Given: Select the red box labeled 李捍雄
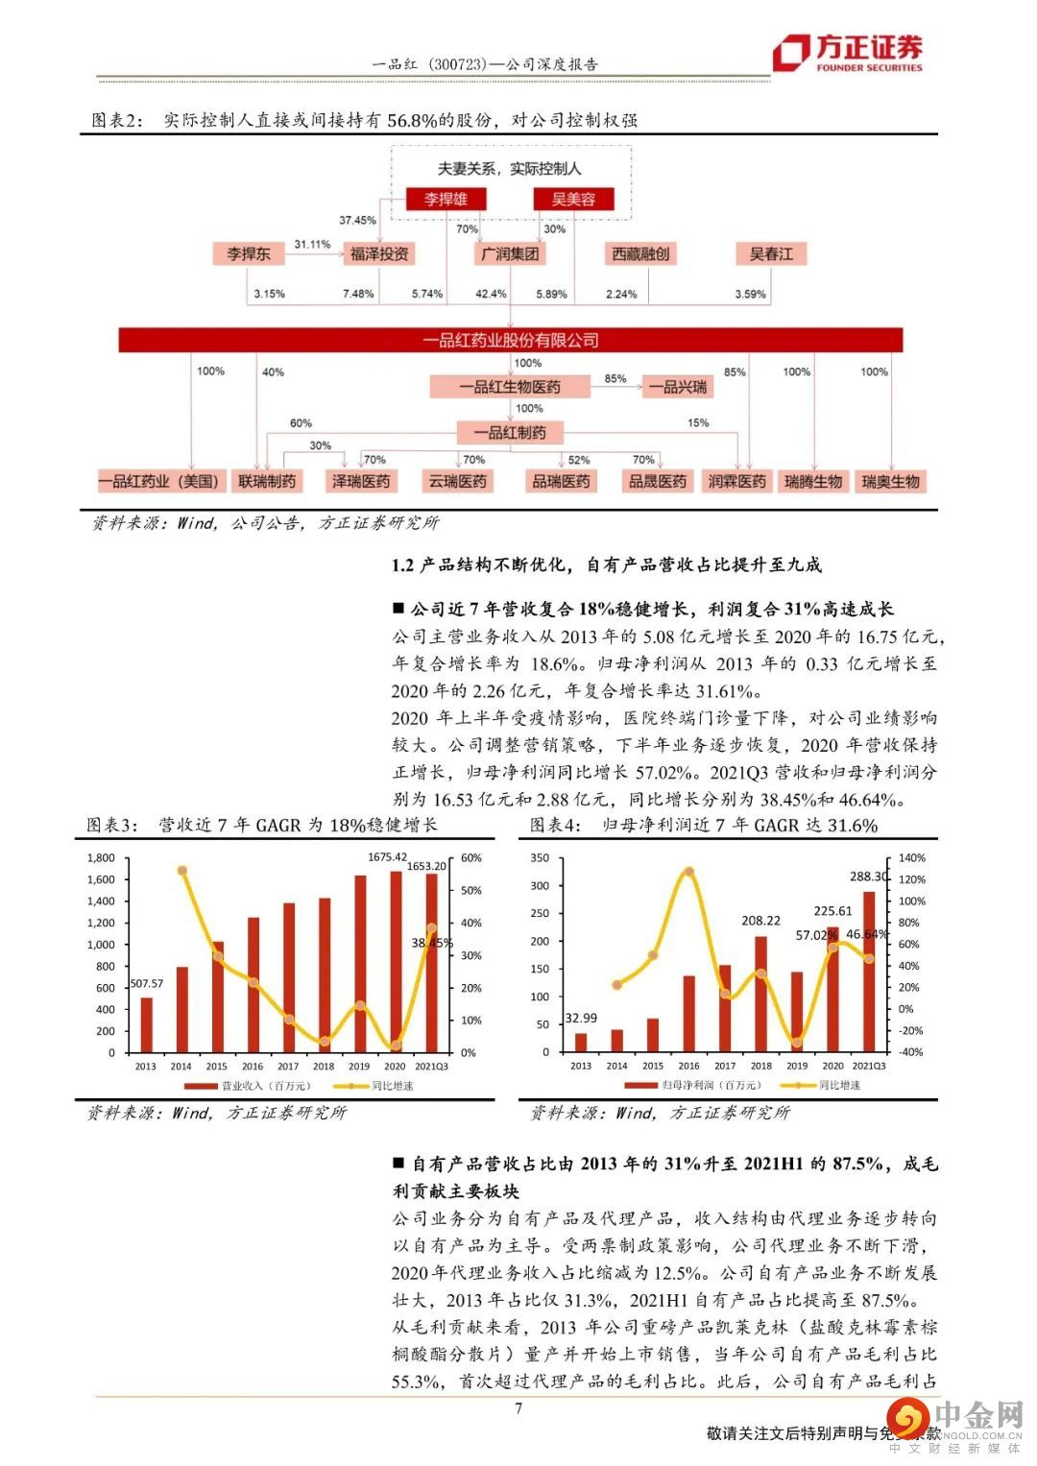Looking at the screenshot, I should tap(446, 199).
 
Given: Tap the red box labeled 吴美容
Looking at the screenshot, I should tap(573, 199).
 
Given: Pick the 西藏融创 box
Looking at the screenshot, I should tap(640, 253).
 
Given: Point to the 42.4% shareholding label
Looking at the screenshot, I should tap(491, 294).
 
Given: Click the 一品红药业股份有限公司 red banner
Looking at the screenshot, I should tap(510, 340).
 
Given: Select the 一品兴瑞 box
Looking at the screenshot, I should tap(678, 387).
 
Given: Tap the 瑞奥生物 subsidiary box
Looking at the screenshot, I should tap(890, 481).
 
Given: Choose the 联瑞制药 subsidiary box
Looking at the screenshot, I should tap(267, 481).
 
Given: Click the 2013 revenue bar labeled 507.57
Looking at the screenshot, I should tap(146, 1024).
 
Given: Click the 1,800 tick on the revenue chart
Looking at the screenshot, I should tap(101, 858).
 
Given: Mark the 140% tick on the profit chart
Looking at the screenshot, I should tap(912, 858).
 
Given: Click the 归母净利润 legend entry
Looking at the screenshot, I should tap(688, 1085).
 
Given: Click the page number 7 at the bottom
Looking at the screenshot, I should tap(518, 1408).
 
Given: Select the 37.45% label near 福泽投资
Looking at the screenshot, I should tap(357, 220).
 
